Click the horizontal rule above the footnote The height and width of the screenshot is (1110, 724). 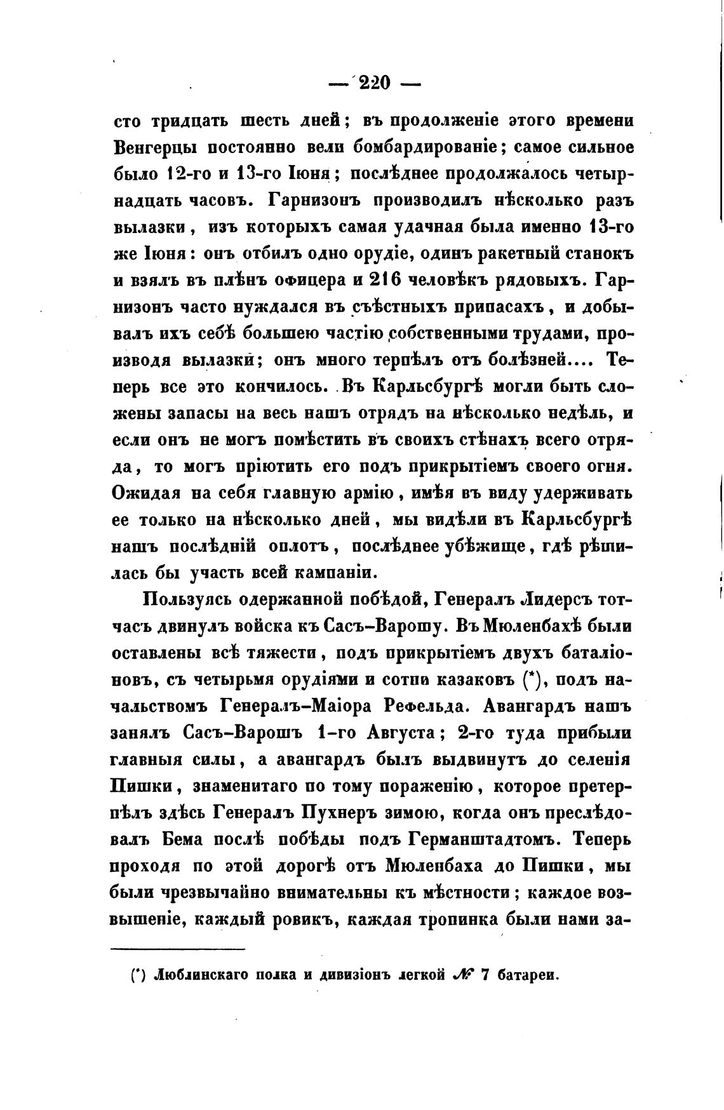click(x=177, y=950)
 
